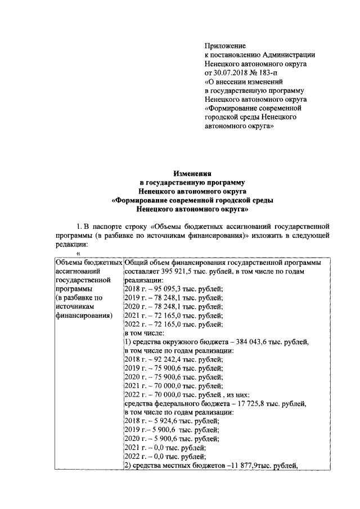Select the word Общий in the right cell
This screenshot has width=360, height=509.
pos(136,263)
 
